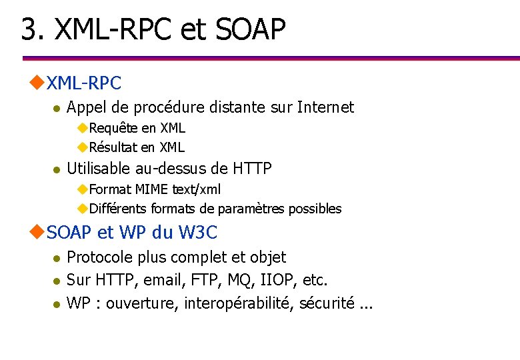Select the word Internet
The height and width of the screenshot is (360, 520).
325,107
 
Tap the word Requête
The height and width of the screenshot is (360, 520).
113,128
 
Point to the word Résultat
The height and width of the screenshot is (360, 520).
114,147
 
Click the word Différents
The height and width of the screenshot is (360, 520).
118,209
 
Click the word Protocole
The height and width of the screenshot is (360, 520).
101,257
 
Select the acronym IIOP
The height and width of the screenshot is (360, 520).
284,280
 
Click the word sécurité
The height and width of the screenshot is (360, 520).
327,303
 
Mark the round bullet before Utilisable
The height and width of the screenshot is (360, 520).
57,169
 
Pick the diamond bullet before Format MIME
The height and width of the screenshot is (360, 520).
82,189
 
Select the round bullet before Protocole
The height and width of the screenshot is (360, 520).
57,258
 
